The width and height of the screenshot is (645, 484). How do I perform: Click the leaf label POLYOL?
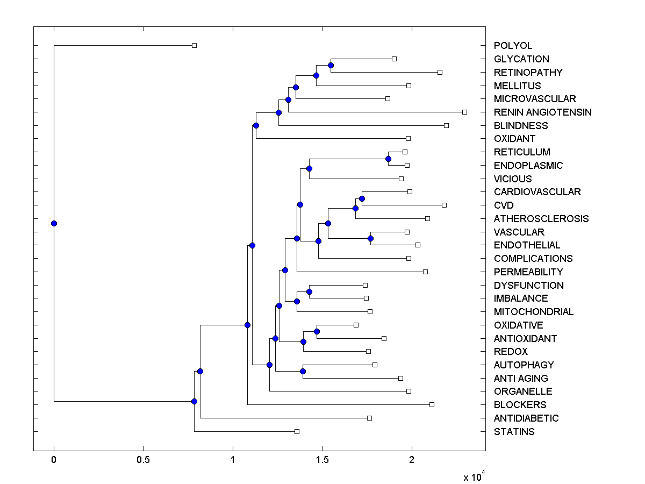(513, 46)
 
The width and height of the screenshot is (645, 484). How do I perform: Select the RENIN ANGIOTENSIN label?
(542, 112)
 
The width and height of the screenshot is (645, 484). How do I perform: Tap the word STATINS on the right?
(514, 432)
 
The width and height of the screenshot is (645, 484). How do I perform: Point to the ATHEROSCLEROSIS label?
(541, 219)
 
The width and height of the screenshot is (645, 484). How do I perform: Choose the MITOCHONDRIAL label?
(533, 312)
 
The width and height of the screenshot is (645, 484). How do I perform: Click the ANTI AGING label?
(521, 379)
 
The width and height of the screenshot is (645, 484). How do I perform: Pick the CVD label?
(504, 205)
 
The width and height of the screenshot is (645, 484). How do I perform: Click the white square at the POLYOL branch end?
(195, 45)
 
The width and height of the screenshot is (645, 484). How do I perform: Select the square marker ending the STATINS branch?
(297, 431)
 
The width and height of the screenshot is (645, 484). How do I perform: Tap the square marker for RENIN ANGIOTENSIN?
(465, 112)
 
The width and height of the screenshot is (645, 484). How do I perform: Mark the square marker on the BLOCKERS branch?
(432, 404)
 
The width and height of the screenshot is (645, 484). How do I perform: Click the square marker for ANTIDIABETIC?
(369, 418)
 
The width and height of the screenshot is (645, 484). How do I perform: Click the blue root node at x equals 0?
(54, 223)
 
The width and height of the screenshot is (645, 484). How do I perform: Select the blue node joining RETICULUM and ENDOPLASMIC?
(388, 159)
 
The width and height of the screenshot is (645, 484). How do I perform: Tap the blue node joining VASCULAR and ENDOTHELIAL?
(370, 238)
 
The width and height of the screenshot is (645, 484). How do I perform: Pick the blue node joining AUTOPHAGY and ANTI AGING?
(303, 371)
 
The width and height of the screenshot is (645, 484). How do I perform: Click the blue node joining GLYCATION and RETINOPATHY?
(331, 65)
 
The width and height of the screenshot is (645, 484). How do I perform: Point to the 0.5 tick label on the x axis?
(143, 460)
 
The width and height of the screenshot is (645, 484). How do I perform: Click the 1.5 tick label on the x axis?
(322, 460)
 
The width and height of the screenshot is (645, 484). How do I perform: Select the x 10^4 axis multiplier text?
(474, 476)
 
